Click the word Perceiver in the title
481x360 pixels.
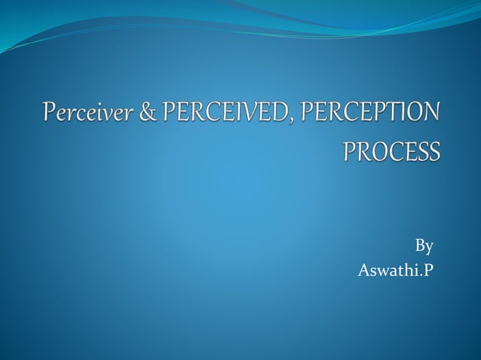(78, 114)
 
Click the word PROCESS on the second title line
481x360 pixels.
(391, 151)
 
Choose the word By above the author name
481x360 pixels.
(424, 246)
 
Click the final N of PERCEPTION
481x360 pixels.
(430, 114)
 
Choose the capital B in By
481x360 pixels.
(420, 246)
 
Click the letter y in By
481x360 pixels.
(429, 249)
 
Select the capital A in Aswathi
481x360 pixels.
(363, 270)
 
